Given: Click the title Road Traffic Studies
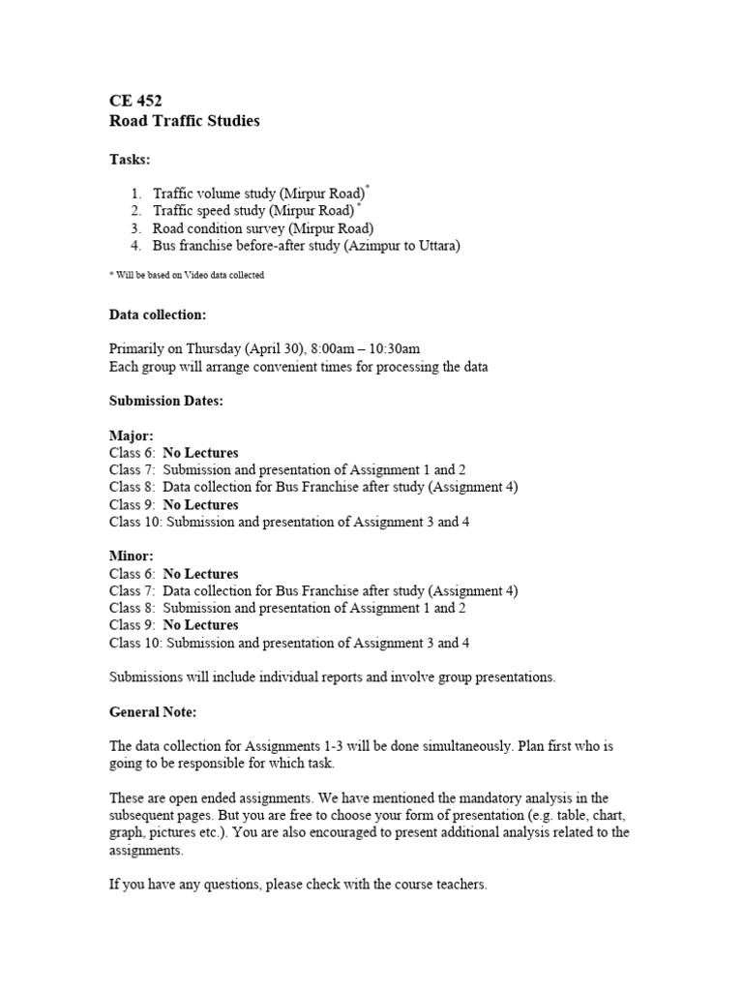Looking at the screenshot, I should [184, 122].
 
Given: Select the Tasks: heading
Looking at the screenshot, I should [130, 159].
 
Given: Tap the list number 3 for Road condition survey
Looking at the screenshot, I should [136, 228].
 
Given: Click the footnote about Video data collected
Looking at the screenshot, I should [187, 275].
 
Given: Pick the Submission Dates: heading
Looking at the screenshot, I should [166, 401].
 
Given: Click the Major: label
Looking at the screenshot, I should [131, 435].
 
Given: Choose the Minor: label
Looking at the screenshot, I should [132, 556].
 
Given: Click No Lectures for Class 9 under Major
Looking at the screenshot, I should [200, 504].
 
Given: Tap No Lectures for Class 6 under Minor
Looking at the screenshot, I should [200, 574].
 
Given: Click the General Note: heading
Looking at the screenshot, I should [153, 712].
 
